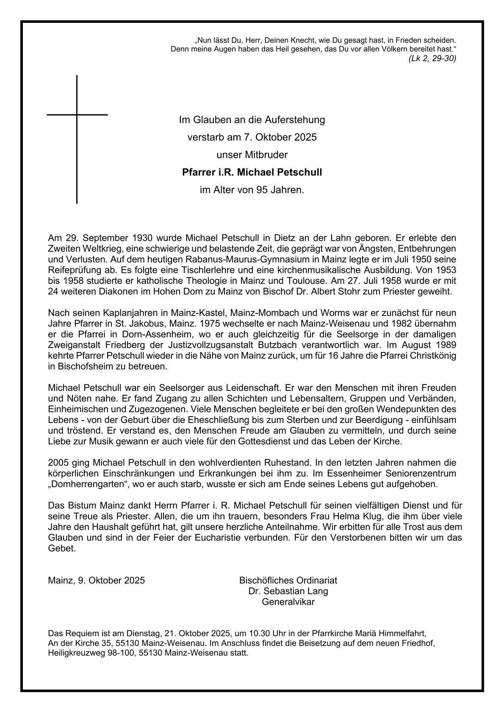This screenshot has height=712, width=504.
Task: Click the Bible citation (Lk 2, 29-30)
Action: (432, 59)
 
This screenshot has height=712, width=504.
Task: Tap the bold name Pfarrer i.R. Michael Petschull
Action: (252, 173)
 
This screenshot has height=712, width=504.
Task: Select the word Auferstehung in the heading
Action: (295, 120)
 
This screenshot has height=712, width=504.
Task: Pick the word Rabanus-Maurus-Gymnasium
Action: (220, 259)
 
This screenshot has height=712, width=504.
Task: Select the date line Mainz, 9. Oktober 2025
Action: (97, 580)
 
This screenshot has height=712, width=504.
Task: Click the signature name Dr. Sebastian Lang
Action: (288, 591)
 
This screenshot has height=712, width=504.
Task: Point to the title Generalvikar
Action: (288, 602)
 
